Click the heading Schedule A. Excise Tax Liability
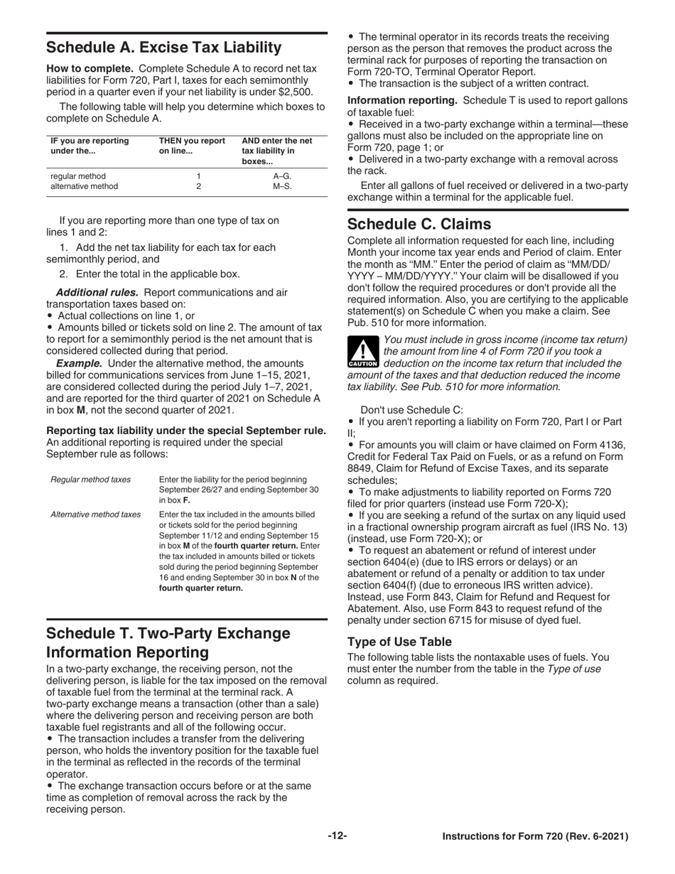pos(164,48)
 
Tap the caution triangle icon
pos(362,352)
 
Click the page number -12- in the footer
pos(337,836)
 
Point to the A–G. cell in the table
pos(282,176)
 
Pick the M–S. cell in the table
pos(282,187)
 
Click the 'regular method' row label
pos(78,176)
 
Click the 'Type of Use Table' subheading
pos(399,642)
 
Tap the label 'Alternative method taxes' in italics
pos(95,514)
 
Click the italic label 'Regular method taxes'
pos(90,480)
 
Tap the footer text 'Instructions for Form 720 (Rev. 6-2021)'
pos(535,837)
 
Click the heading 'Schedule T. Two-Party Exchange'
pos(168,633)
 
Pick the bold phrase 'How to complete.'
pos(90,69)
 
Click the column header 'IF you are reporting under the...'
pos(90,146)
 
